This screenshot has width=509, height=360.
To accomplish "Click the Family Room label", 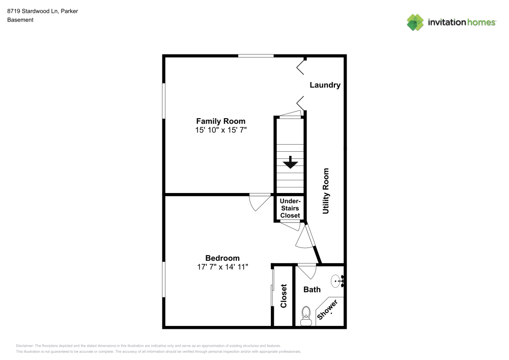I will pos(220,121).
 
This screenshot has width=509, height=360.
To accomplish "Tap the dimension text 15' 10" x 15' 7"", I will pos(220,130).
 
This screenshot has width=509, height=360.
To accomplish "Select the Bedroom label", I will pos(222,258).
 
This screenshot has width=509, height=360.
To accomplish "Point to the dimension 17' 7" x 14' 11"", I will pos(222,267).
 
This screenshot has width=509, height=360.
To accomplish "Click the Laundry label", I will pos(325,85).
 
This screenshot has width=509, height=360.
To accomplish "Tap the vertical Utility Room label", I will pos(326,190).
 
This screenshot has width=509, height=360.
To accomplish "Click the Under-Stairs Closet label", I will pos(290,208).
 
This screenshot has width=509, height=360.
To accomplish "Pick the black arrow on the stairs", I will pos(290,162).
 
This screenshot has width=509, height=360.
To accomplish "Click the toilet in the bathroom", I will pos(306,315).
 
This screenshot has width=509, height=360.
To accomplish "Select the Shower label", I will pos(327,310).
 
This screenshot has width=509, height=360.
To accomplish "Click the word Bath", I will pos(312,289).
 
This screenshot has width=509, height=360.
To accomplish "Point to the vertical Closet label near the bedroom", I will pos(284,296).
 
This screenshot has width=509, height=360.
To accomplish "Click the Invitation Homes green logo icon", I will pos(415,22).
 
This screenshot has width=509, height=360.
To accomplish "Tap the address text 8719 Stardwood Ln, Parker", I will pos(42,11).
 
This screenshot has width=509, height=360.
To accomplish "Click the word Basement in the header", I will pos(20,20).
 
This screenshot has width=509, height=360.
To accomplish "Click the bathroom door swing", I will pos(306,270).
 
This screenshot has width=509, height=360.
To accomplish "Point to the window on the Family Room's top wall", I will pos(256,56).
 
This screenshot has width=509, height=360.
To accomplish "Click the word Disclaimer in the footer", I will pos(24,345).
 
